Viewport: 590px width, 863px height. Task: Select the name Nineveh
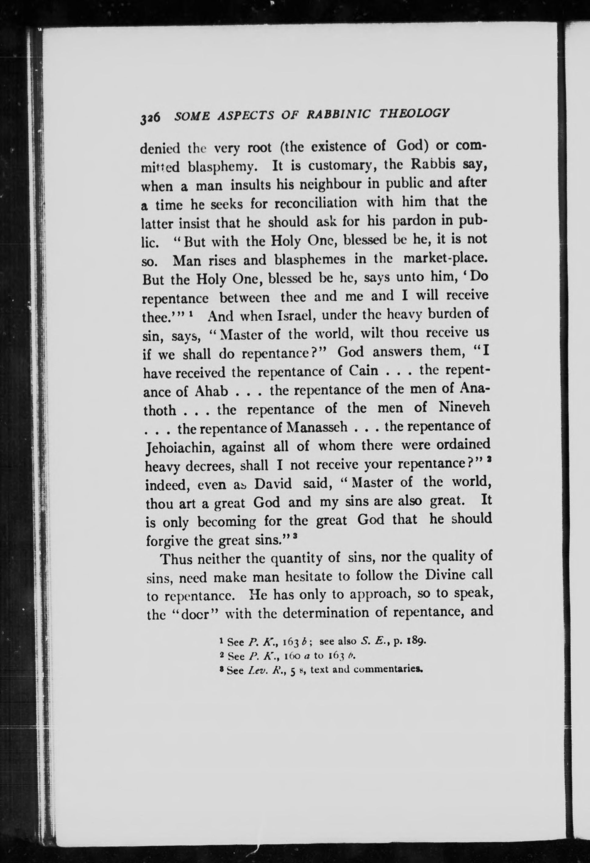(x=464, y=407)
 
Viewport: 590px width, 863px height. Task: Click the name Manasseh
(x=318, y=427)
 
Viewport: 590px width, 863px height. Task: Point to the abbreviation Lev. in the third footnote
(x=255, y=671)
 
